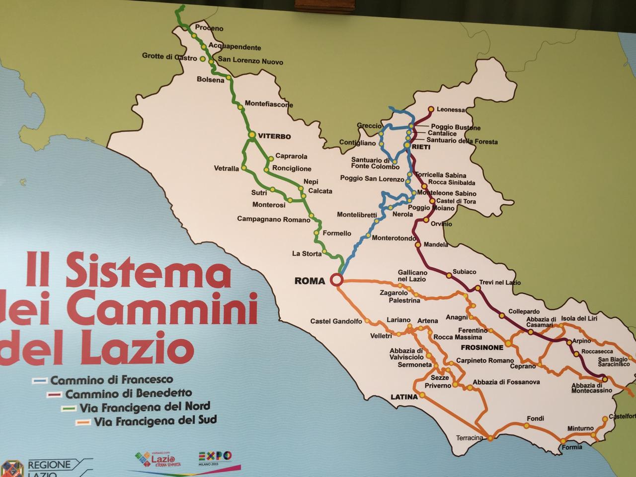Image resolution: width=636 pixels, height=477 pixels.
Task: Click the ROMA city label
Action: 310,281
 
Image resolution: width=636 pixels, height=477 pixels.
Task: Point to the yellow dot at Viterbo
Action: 252,134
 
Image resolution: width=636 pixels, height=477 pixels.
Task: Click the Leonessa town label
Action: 452,110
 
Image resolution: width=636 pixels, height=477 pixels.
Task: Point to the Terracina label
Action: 470,438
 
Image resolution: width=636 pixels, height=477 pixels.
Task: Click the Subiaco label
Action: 464,272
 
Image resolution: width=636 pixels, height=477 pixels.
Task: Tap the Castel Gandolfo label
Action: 336,321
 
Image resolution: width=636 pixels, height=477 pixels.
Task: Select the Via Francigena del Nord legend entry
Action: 144,407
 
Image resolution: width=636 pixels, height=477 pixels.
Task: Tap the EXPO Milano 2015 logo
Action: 215,457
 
